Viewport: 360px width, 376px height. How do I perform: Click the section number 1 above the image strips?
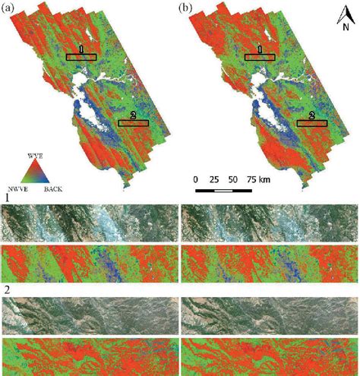click(x=7, y=197)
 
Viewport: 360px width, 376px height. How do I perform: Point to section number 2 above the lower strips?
click(x=7, y=289)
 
